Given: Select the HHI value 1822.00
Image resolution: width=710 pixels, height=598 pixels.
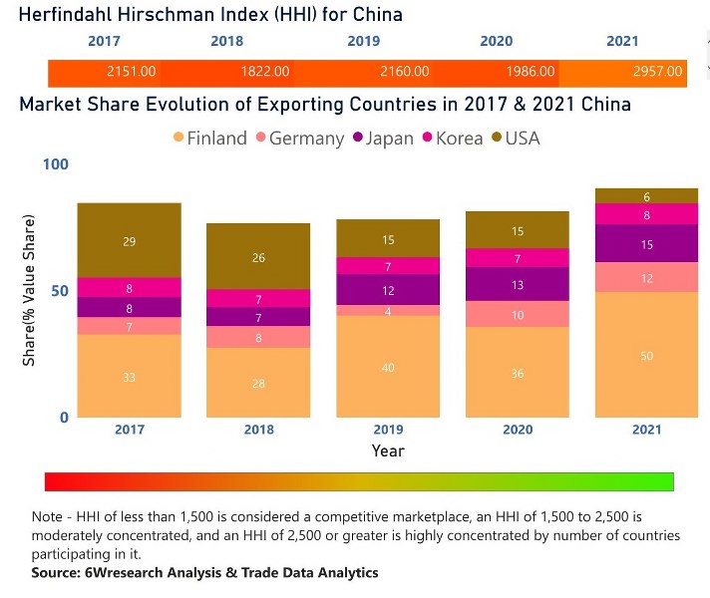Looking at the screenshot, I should click(265, 72).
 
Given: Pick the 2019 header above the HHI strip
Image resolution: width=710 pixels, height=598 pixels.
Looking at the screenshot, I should click(363, 41).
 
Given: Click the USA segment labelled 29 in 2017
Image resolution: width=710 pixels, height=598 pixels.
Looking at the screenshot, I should click(130, 240).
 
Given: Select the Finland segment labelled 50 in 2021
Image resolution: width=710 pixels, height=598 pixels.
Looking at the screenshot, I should click(646, 355).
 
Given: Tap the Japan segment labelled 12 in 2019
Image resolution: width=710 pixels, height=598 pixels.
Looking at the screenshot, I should click(388, 289).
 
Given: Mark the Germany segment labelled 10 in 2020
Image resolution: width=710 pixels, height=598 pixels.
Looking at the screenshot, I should click(518, 314).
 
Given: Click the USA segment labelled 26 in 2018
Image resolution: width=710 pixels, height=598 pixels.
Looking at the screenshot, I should click(258, 256).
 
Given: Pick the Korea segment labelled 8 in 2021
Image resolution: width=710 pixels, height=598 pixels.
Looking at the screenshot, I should click(646, 213).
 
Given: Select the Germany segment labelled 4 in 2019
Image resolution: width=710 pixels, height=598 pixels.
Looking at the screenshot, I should click(388, 310).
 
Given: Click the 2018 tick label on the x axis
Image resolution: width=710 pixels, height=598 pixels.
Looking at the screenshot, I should click(258, 430).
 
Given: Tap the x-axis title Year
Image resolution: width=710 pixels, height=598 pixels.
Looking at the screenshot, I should click(388, 450).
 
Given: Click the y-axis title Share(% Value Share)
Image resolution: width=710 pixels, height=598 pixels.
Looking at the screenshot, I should click(30, 289).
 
